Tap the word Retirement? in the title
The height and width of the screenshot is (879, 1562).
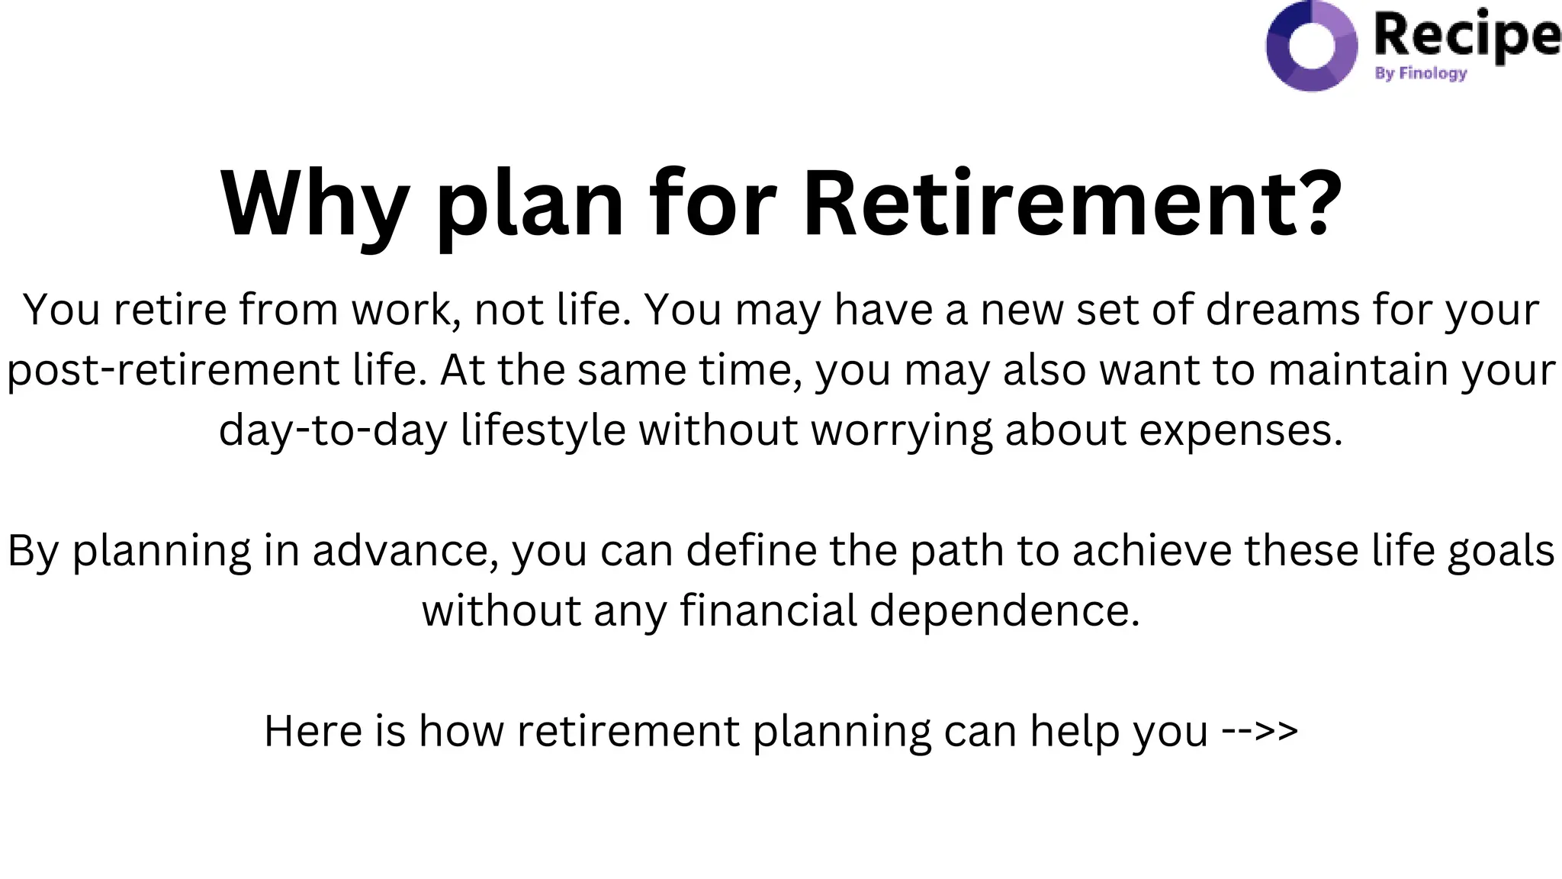tap(1072, 204)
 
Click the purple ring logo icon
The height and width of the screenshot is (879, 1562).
tap(1311, 45)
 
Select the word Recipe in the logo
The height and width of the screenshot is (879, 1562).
tap(1466, 35)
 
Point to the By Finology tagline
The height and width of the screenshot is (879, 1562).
tap(1420, 73)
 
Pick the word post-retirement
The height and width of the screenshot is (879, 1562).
tap(173, 370)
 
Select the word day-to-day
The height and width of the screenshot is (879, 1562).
tap(333, 430)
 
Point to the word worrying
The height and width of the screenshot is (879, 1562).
tap(902, 430)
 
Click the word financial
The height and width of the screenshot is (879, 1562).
tap(769, 610)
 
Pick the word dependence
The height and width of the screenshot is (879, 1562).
tap(1004, 610)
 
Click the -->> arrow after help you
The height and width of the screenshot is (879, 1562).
tap(1260, 730)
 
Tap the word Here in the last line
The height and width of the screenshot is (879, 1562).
tap(313, 730)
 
